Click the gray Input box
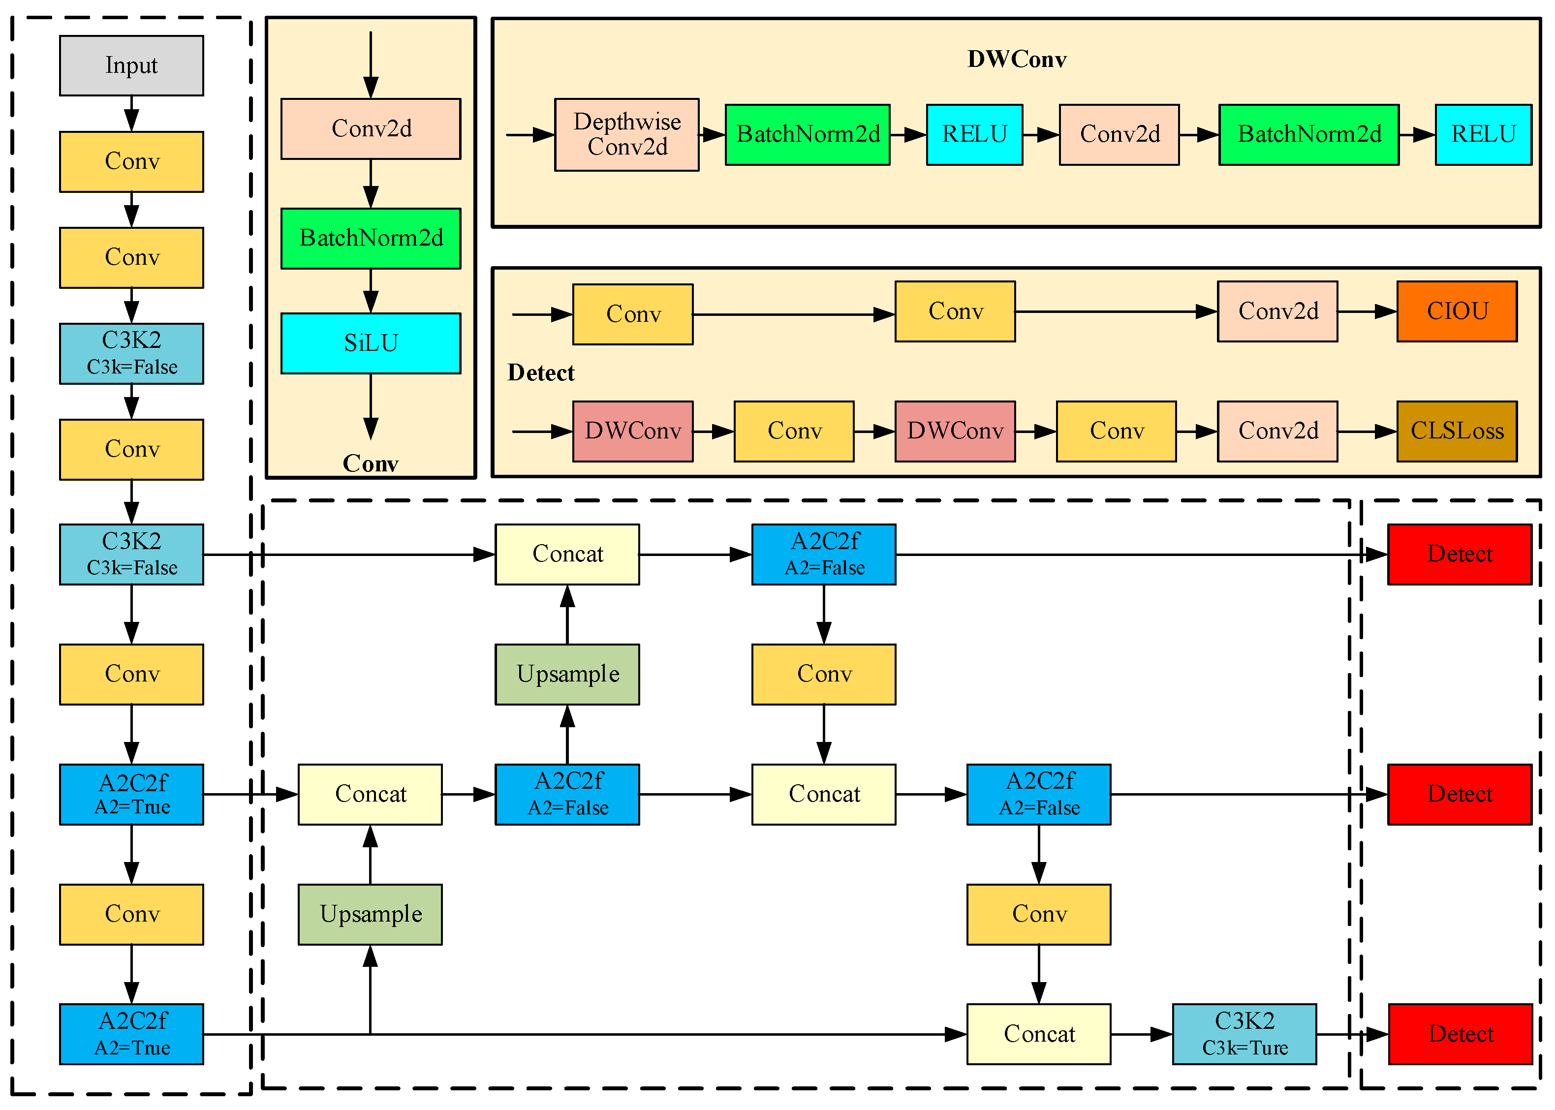(131, 65)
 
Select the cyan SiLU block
(371, 343)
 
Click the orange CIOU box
(1457, 311)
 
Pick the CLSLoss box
(1457, 432)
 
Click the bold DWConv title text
(1016, 60)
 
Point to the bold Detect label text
(541, 373)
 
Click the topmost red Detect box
(1460, 555)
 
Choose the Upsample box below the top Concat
(567, 674)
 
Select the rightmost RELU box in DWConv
(1483, 135)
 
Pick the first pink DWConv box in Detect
(632, 432)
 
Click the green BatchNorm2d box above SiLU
(371, 239)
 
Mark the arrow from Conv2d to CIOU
(1367, 311)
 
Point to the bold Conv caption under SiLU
(371, 463)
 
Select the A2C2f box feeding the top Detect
(824, 555)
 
